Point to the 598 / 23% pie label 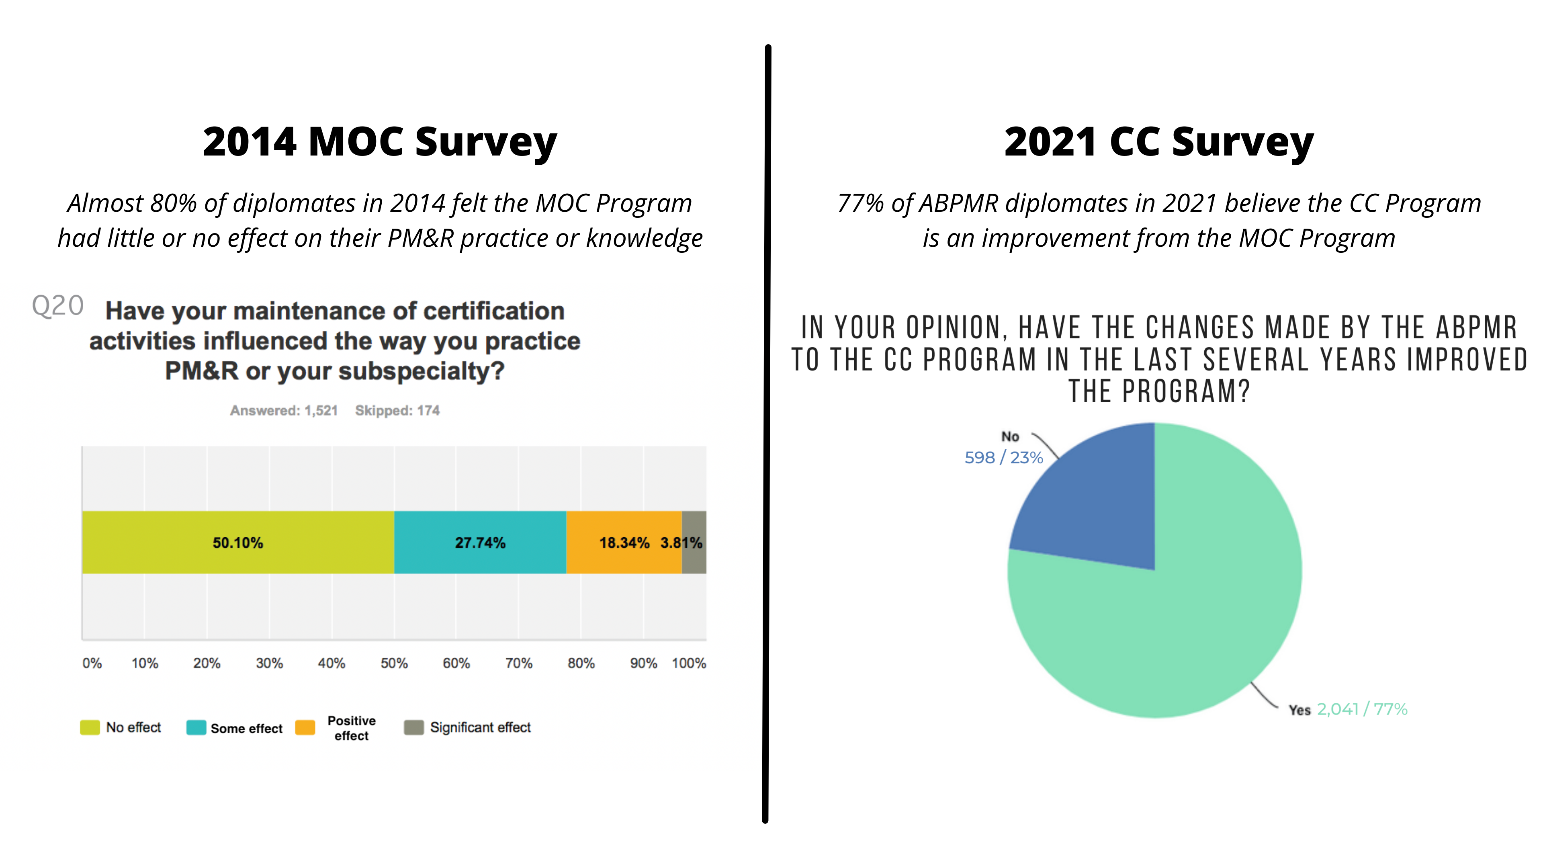coord(1003,458)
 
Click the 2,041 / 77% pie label coord(1361,709)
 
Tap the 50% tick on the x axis coord(394,663)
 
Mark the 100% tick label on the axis coord(689,663)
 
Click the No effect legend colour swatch coord(90,727)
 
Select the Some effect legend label coord(246,729)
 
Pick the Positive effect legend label coord(352,728)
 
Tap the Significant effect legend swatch coord(414,727)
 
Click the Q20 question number coord(57,305)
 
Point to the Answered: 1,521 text coord(284,410)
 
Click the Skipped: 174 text coord(397,410)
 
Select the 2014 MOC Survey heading coord(380,143)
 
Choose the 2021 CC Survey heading coord(1158,143)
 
